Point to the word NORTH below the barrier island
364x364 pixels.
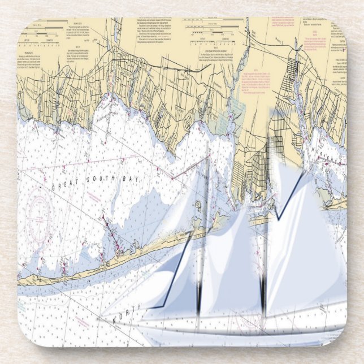(x=127, y=318)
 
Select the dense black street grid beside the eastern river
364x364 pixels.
(x=294, y=85)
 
